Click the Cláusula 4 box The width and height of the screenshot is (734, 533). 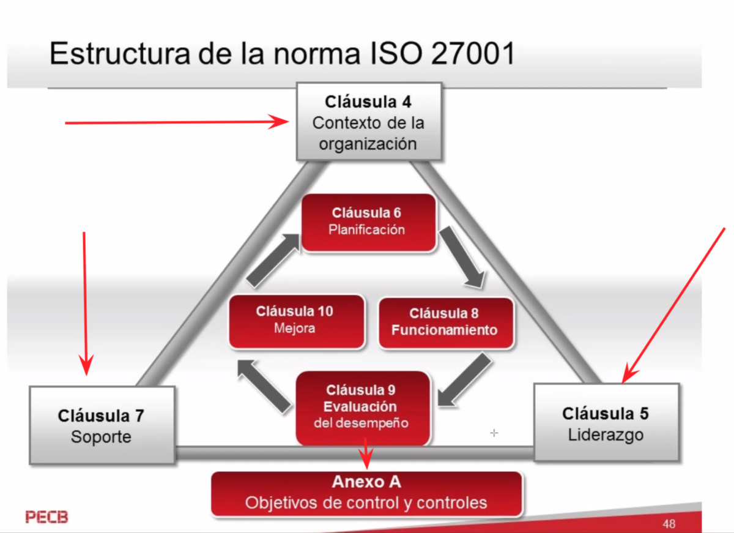[x=369, y=122]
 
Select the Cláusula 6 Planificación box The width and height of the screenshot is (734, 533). [x=368, y=223]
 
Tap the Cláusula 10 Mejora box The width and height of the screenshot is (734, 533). [x=297, y=321]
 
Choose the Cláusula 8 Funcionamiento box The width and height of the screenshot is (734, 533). [x=446, y=323]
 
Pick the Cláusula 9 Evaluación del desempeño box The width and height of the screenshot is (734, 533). [x=363, y=408]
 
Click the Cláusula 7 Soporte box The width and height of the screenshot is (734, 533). [x=102, y=425]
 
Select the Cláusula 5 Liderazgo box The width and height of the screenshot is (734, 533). [x=606, y=422]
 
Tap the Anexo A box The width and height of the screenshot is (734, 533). [x=366, y=494]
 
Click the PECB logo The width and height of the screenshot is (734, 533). [x=47, y=517]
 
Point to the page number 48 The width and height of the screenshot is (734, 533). [x=669, y=524]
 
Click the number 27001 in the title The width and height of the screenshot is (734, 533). [x=472, y=53]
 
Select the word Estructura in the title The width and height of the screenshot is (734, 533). [x=120, y=53]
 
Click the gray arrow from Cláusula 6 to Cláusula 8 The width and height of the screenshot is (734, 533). [x=462, y=258]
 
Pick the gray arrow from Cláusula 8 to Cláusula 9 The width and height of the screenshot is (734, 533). [x=465, y=380]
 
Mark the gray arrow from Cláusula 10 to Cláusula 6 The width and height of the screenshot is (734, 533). [x=273, y=261]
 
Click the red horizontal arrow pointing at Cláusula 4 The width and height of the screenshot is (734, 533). [x=177, y=122]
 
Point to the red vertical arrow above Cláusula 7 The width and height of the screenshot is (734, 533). [x=85, y=304]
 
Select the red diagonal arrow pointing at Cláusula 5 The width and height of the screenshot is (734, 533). [x=673, y=305]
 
